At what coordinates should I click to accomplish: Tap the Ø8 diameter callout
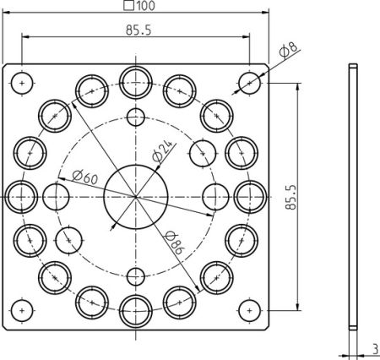286,52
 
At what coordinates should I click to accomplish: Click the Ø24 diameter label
162,152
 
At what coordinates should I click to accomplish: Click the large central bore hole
135,196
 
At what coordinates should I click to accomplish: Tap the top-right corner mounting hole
248,83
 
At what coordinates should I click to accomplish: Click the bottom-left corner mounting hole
23,309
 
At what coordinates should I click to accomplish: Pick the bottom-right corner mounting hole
248,309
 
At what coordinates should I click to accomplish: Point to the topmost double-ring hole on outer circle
135,82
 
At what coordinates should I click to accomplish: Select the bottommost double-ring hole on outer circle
135,309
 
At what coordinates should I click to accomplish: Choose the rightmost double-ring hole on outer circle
249,196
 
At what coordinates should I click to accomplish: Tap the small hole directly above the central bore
135,117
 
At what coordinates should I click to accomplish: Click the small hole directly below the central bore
135,275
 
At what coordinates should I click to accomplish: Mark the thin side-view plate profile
353,196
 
